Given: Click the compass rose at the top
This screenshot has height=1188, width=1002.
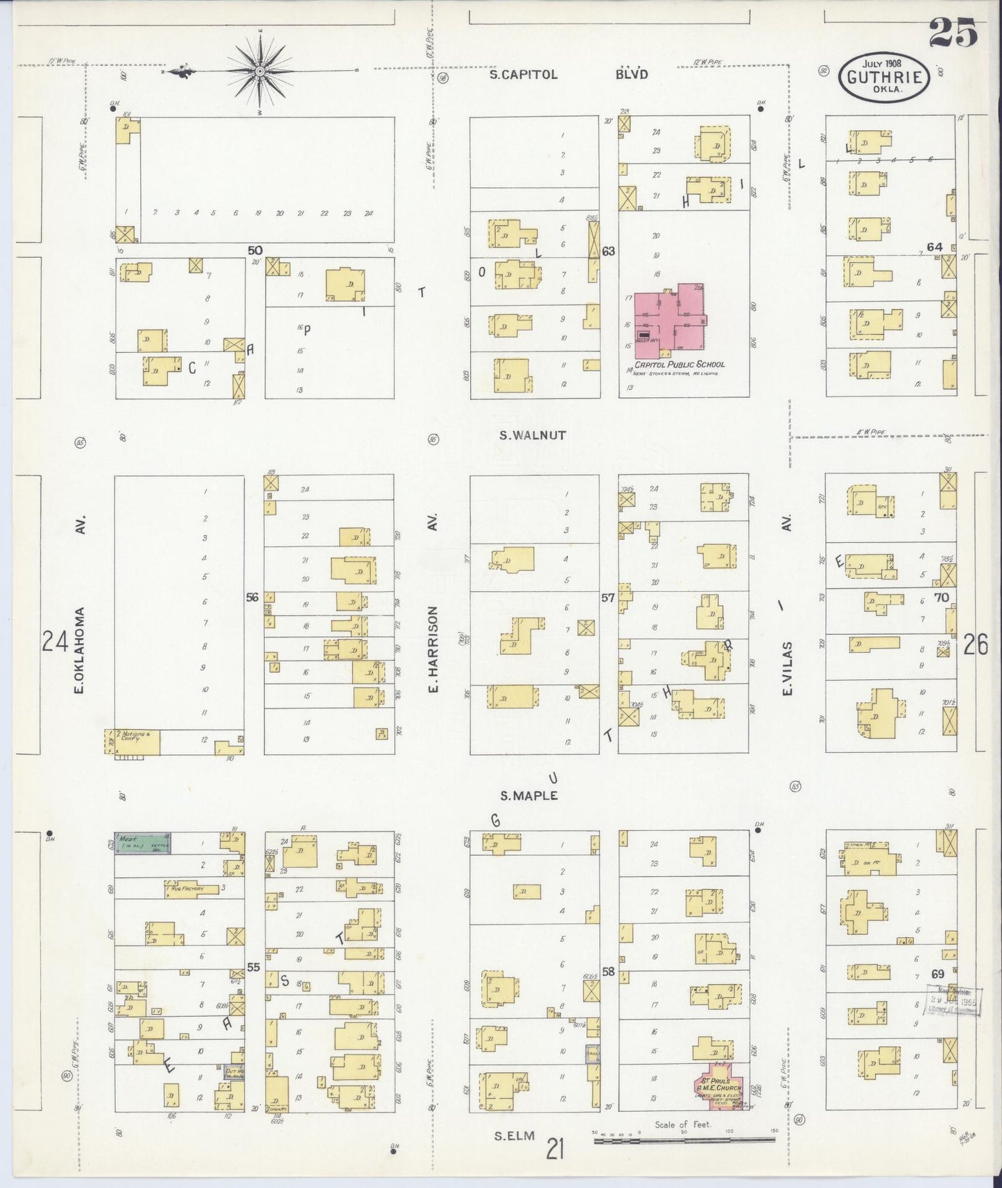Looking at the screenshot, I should (x=259, y=70).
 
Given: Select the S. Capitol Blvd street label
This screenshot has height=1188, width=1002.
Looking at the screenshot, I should (x=568, y=74).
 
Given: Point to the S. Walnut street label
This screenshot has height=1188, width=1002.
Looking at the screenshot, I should (x=533, y=435).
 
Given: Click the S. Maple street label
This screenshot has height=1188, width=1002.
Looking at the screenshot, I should (x=528, y=796).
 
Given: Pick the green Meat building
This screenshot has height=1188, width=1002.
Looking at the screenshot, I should (x=142, y=843).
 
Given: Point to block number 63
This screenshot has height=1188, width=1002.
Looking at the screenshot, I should (x=608, y=251).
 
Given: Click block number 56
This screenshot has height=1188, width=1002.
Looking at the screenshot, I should (x=252, y=597).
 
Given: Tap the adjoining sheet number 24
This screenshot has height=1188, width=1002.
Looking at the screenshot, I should (x=55, y=642).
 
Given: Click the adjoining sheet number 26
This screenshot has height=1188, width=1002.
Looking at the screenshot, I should (x=975, y=645).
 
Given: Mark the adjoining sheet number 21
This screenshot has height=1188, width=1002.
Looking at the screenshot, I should (x=555, y=1149).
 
